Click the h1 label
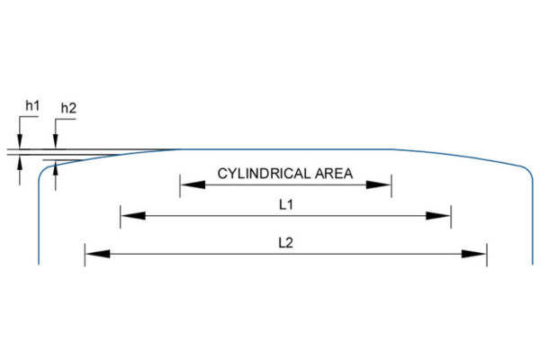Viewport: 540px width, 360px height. tap(31, 106)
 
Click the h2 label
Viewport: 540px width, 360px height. tap(68, 109)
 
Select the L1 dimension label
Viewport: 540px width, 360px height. tap(286, 204)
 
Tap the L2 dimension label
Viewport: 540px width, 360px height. tap(286, 242)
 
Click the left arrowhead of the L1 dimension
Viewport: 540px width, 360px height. tap(131, 216)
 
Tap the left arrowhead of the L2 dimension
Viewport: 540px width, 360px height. tap(96, 254)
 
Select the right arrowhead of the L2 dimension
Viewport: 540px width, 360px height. tap(475, 254)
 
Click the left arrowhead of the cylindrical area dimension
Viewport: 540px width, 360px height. tap(190, 185)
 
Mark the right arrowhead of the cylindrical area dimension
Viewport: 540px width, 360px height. tap(382, 185)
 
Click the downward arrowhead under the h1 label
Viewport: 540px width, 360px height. tap(19, 142)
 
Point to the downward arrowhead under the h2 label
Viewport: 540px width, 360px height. tap(56, 142)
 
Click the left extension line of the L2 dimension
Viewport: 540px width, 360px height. tap(85, 254)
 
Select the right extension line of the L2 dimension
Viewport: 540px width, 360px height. tap(487, 254)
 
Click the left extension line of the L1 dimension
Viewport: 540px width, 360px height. tap(121, 216)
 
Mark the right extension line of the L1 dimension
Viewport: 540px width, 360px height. tap(451, 216)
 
